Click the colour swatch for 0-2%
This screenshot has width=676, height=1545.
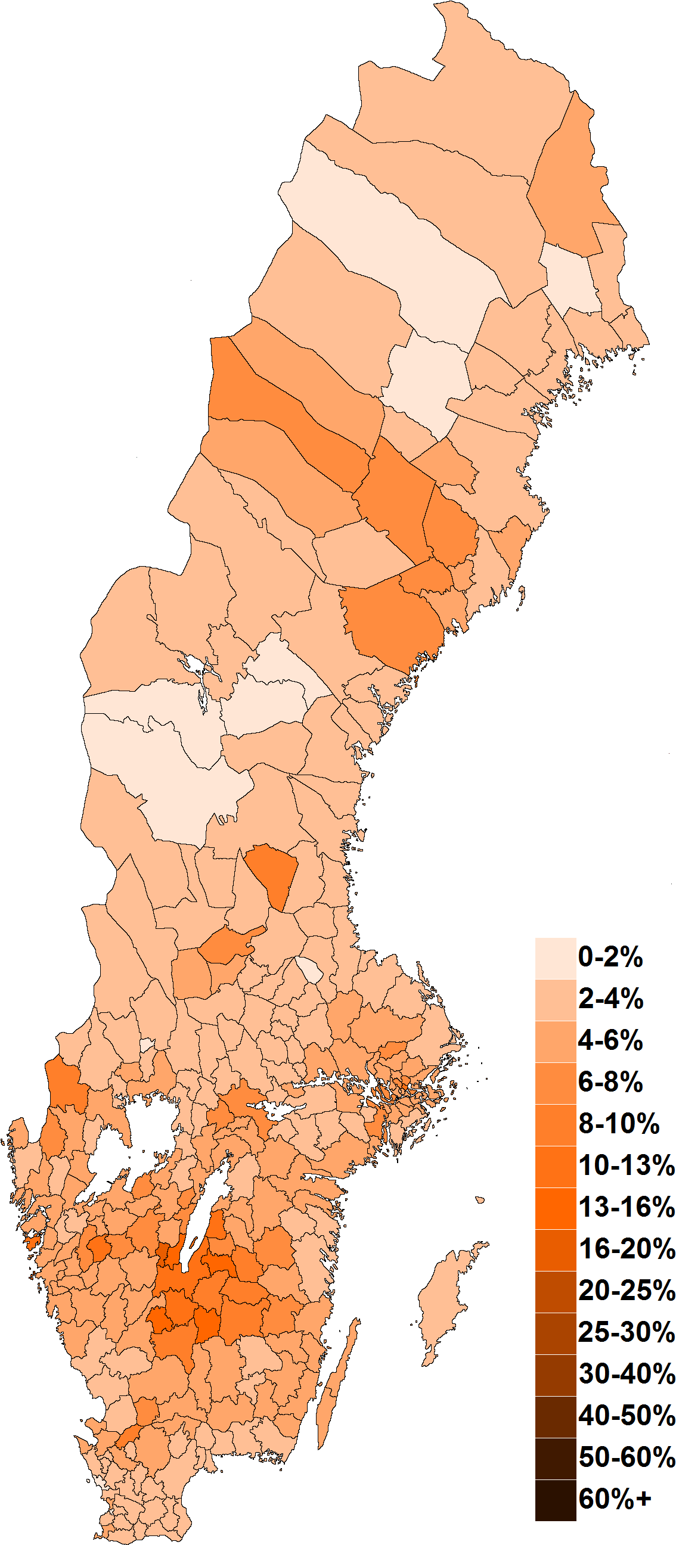pyautogui.click(x=556, y=959)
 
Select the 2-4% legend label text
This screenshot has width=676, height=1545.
pyautogui.click(x=610, y=999)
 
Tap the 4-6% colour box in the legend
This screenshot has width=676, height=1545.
pyautogui.click(x=556, y=1041)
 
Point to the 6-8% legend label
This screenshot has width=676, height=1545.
pyautogui.click(x=610, y=1082)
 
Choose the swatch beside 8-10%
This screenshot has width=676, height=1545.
pyautogui.click(x=556, y=1124)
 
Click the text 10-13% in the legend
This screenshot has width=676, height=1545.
pyautogui.click(x=626, y=1165)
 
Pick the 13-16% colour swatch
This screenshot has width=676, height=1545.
pyautogui.click(x=556, y=1208)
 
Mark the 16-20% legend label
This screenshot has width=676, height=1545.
pyautogui.click(x=626, y=1249)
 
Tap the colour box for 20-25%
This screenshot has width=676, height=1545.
pyautogui.click(x=556, y=1291)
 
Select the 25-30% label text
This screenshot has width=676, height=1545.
pyautogui.click(x=626, y=1332)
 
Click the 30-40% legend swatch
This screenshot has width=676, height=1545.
pyautogui.click(x=556, y=1375)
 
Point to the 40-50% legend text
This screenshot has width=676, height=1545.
pyautogui.click(x=626, y=1416)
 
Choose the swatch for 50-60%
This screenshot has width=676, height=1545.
pyautogui.click(x=556, y=1458)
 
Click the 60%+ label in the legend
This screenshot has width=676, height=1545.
pyautogui.click(x=614, y=1499)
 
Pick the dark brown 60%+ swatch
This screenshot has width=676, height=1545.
pyautogui.click(x=556, y=1499)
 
